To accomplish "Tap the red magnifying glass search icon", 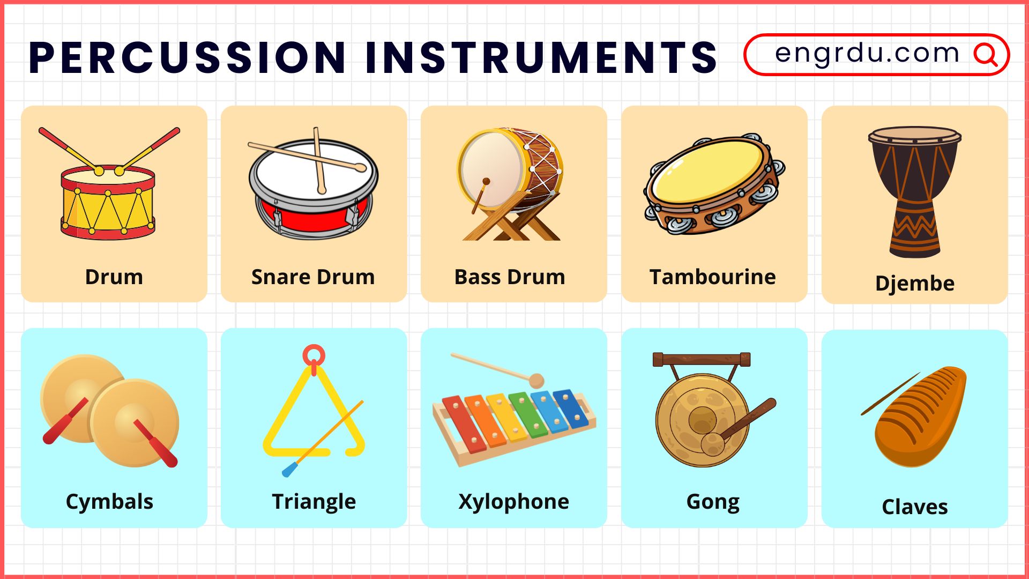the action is tap(986, 54).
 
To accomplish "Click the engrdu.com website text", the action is tap(867, 53).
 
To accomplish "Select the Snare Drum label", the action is tap(313, 277).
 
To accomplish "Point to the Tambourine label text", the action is tap(713, 277).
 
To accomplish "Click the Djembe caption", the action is tap(915, 284).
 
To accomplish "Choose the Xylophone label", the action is tap(514, 502).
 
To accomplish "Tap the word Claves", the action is tap(915, 507).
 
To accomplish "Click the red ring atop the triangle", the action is tap(314, 355).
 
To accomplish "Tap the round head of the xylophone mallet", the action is tap(536, 381).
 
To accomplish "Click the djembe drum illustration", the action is tap(915, 192).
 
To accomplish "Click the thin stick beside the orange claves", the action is tap(890, 394).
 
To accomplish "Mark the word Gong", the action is tap(713, 502).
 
